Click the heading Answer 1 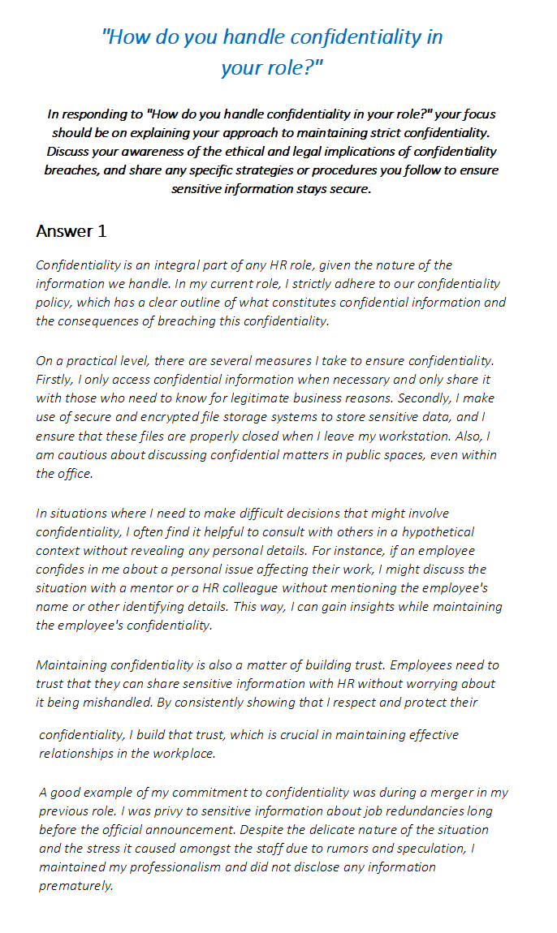(x=71, y=231)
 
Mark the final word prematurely (x=75, y=885)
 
